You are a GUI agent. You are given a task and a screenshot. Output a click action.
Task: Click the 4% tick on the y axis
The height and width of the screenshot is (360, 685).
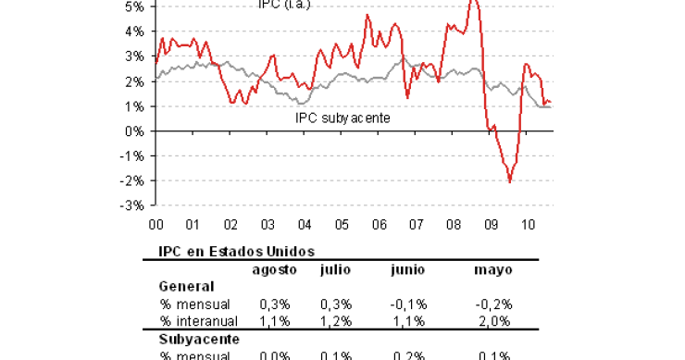[x=133, y=31]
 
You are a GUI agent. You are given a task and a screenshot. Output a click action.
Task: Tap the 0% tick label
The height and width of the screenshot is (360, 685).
[x=133, y=130]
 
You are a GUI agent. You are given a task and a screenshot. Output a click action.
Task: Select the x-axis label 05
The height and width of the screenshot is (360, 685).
[x=342, y=224]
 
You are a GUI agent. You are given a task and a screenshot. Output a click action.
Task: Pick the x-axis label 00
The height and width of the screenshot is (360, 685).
[x=156, y=224]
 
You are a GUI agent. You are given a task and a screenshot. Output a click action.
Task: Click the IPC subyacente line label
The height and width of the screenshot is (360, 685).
[x=342, y=118]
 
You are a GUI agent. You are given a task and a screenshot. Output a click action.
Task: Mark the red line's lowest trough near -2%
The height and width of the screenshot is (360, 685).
[x=510, y=181]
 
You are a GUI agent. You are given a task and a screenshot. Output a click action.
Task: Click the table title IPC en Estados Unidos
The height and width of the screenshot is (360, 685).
[x=236, y=251]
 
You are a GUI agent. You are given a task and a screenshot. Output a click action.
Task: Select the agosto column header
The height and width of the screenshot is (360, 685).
[x=276, y=268]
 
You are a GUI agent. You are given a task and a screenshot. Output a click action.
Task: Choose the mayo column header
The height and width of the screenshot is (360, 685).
[x=493, y=268]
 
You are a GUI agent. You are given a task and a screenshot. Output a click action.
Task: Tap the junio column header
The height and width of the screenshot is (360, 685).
[x=406, y=268]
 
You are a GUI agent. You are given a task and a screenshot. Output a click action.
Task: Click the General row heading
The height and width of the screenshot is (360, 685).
[x=187, y=286]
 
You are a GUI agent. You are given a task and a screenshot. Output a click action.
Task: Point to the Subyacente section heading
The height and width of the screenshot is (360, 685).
[x=197, y=339]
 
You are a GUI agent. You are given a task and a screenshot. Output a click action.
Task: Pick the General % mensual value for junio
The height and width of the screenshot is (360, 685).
[x=408, y=304]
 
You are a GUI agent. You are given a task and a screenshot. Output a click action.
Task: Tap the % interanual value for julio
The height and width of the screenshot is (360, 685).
[x=335, y=321]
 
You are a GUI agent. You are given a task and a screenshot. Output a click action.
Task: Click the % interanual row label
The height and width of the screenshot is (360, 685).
[x=198, y=321]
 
